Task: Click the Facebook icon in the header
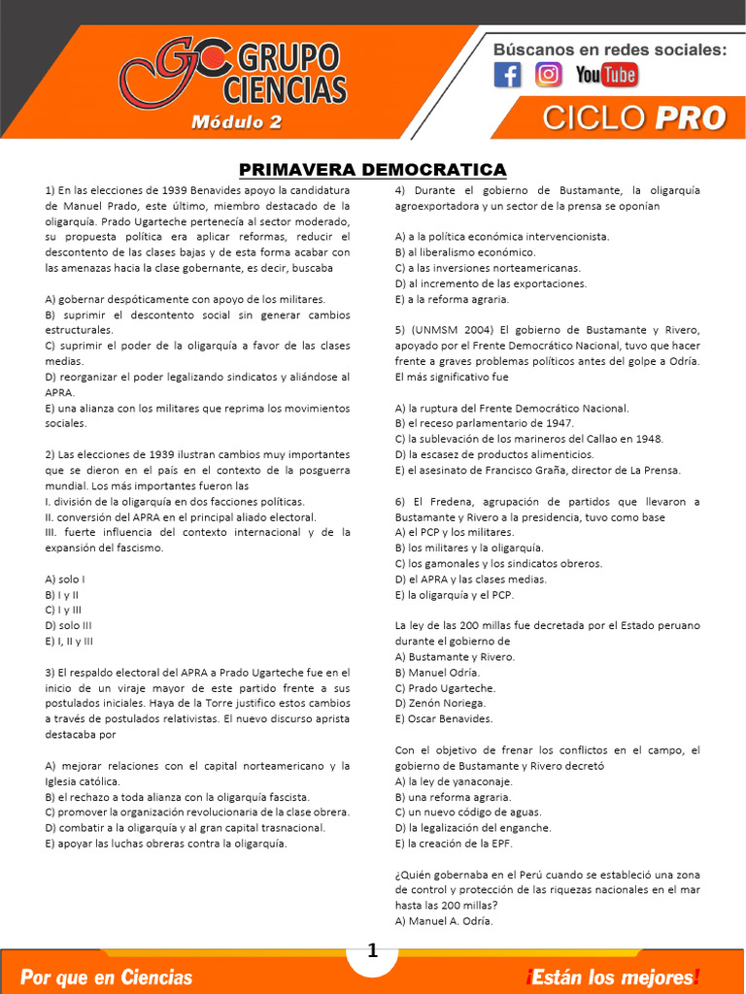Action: pyautogui.click(x=507, y=75)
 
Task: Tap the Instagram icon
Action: pyautogui.click(x=549, y=75)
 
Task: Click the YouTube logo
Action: pyautogui.click(x=606, y=75)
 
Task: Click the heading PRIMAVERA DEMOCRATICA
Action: pyautogui.click(x=373, y=170)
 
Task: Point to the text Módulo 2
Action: pyautogui.click(x=236, y=122)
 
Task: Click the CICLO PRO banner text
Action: pyautogui.click(x=633, y=118)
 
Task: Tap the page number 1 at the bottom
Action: pyautogui.click(x=372, y=952)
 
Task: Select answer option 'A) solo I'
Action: pyautogui.click(x=65, y=580)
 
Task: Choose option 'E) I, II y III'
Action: pyautogui.click(x=69, y=642)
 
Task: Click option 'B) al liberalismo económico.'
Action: pyautogui.click(x=465, y=252)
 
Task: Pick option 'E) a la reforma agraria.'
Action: pyautogui.click(x=457, y=299)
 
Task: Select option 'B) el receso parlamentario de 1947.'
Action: pyautogui.click(x=484, y=423)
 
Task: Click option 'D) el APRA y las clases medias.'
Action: pyautogui.click(x=470, y=580)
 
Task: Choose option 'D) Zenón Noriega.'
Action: pyautogui.click(x=440, y=704)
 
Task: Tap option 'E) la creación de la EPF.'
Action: pyautogui.click(x=455, y=844)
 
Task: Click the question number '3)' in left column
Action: pyautogui.click(x=51, y=673)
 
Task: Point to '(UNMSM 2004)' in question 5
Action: pyautogui.click(x=448, y=330)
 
